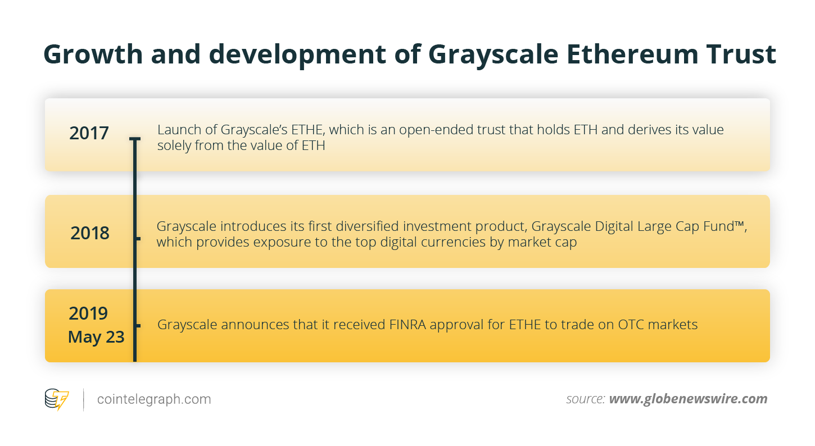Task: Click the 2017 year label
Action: point(89,134)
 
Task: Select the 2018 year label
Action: point(90,233)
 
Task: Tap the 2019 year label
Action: point(88,313)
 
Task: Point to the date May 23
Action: point(96,337)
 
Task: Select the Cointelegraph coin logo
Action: point(57,399)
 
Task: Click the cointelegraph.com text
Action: point(154,399)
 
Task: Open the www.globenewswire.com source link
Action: point(688,399)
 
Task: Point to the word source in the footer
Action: point(585,399)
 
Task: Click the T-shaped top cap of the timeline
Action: point(134,139)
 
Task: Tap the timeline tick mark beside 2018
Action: point(137,238)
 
